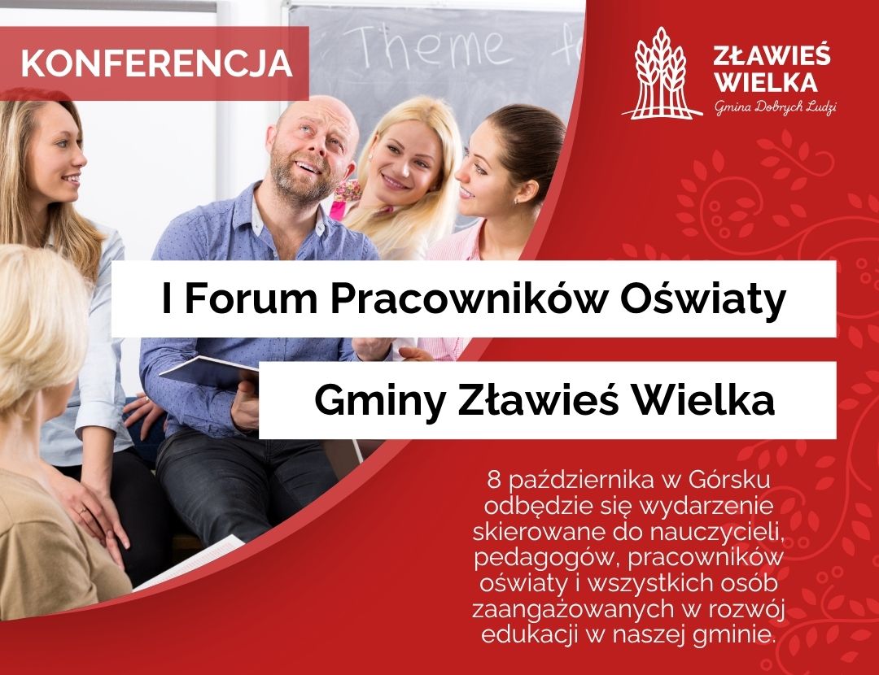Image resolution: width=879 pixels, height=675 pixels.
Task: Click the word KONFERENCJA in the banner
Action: [x=157, y=62]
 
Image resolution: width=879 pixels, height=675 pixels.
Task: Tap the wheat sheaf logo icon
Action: [x=662, y=73]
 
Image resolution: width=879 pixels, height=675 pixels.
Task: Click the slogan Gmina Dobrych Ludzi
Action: [x=776, y=107]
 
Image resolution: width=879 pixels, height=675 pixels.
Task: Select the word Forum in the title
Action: [x=251, y=298]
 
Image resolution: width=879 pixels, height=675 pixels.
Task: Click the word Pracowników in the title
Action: [x=468, y=298]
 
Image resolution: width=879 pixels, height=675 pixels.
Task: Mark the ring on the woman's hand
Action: [x=84, y=511]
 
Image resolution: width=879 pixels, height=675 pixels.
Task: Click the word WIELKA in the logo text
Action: [x=767, y=82]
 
